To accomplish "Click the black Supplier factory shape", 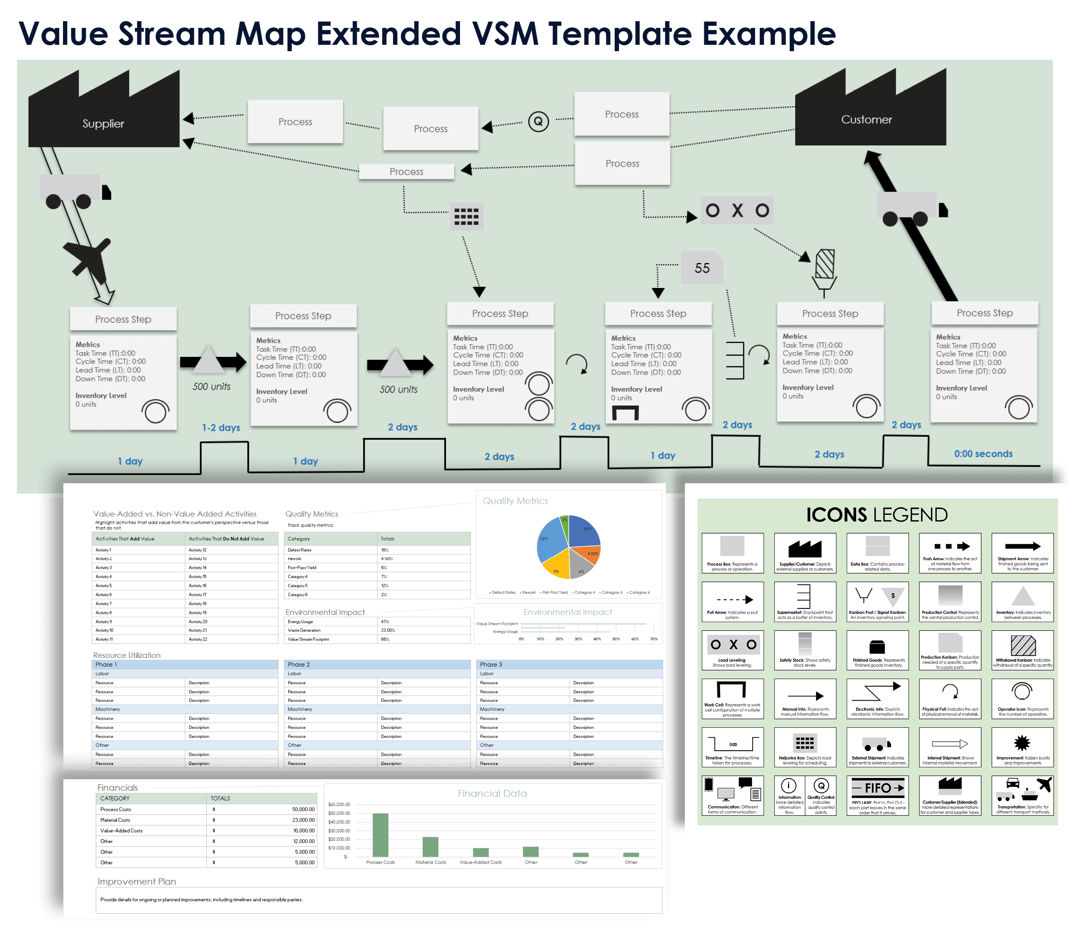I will [x=104, y=123].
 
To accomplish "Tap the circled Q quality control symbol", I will [x=538, y=122].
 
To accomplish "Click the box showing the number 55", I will [x=702, y=268].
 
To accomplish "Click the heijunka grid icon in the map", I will [x=466, y=216].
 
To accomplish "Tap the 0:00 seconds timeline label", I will [x=983, y=454].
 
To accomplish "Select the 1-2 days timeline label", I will [x=221, y=428].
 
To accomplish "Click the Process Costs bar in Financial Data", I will [x=380, y=835].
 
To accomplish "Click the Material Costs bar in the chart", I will [x=430, y=847].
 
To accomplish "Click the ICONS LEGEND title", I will [x=877, y=515].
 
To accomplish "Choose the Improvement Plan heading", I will [x=137, y=882].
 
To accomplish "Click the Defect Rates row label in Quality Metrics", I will [x=300, y=550].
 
